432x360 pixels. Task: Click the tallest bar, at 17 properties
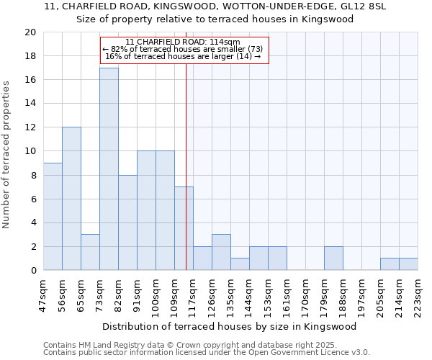[x=109, y=168]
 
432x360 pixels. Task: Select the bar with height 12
[x=71, y=198]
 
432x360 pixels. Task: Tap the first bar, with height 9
[x=53, y=216]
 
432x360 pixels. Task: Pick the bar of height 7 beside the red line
[x=184, y=228]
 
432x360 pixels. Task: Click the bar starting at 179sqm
[x=333, y=258]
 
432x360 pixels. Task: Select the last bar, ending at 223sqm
[x=408, y=264]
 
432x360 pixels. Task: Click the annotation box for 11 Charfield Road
[x=184, y=50]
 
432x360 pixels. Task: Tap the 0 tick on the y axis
[x=33, y=270]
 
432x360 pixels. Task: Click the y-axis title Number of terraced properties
[x=7, y=154]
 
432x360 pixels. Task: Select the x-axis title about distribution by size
[x=230, y=326]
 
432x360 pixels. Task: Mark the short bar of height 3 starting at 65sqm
[x=90, y=252]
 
